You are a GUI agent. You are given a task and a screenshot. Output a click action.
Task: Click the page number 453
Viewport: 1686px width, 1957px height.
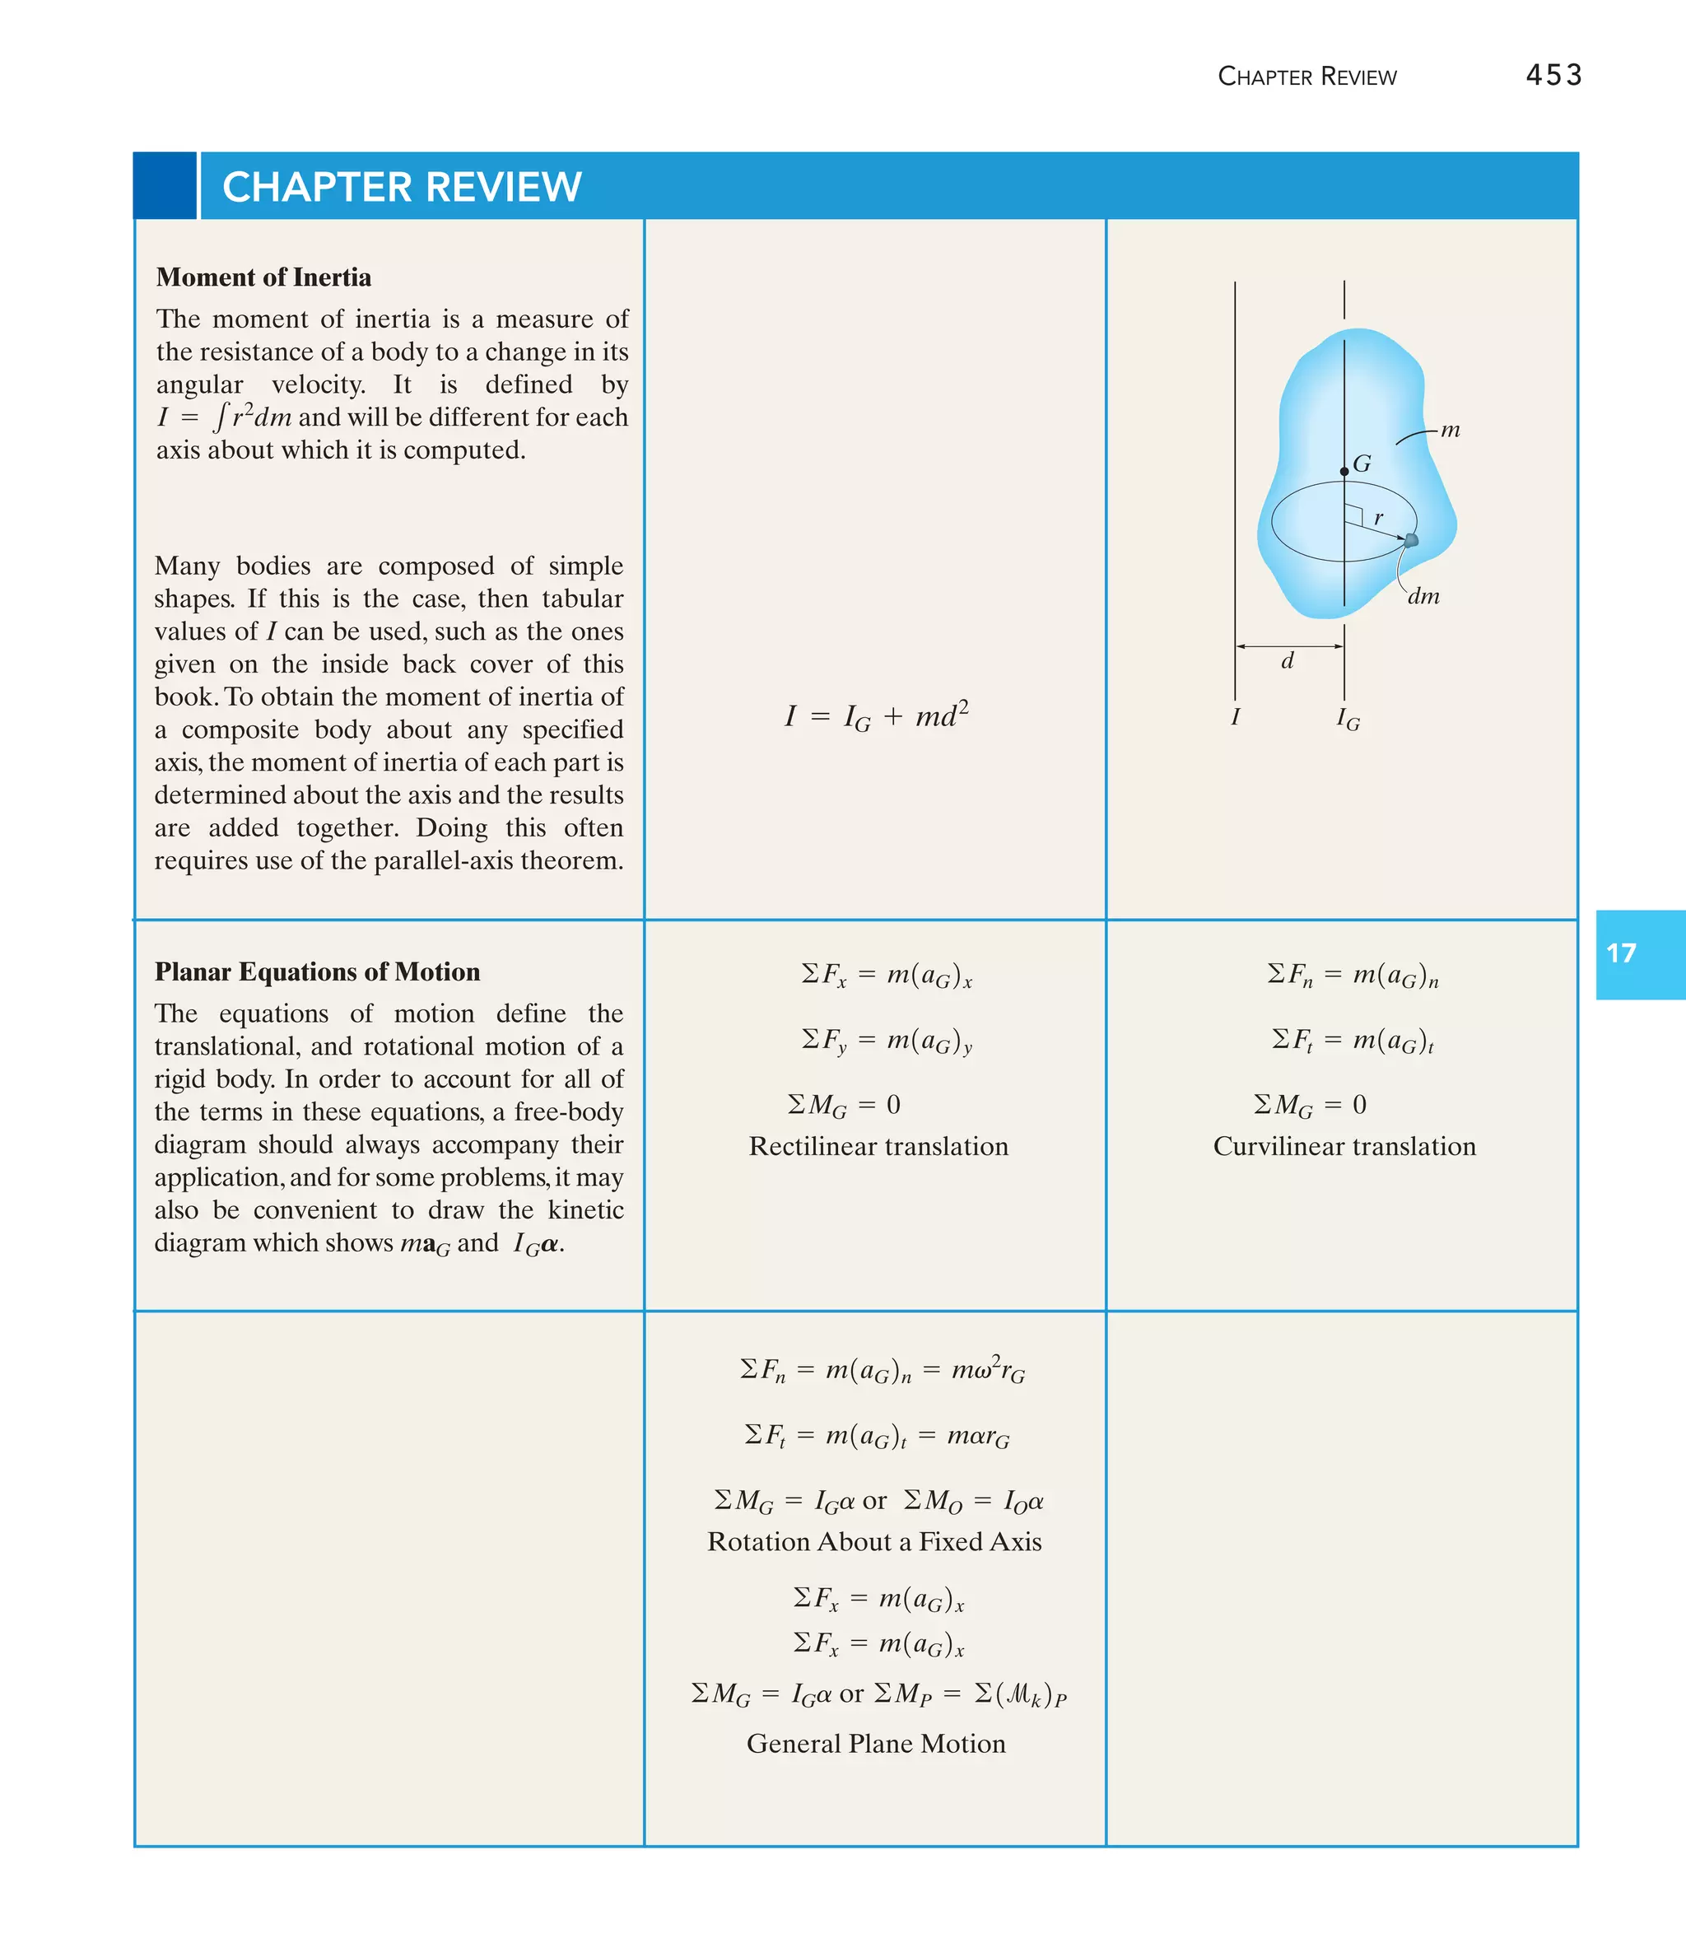coord(1553,75)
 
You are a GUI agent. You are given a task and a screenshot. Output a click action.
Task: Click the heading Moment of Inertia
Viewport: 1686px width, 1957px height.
coord(263,277)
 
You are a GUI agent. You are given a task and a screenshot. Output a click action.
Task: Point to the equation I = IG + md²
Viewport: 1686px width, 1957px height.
coord(877,716)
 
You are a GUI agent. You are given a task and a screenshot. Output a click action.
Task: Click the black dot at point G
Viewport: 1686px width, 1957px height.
coord(1344,471)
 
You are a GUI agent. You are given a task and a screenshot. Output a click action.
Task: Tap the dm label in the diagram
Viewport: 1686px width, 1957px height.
coord(1423,597)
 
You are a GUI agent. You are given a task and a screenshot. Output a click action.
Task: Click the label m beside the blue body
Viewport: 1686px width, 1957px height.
coord(1450,431)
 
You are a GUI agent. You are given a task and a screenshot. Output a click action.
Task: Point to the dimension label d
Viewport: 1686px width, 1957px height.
coord(1287,661)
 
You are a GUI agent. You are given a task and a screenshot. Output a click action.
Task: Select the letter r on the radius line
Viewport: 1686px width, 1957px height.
coord(1379,518)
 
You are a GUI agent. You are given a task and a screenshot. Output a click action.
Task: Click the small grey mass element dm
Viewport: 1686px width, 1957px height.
coord(1411,540)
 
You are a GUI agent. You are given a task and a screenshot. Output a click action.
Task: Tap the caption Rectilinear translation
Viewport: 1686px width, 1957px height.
coord(878,1146)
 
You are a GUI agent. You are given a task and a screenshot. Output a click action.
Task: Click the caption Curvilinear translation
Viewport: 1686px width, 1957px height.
coord(1344,1146)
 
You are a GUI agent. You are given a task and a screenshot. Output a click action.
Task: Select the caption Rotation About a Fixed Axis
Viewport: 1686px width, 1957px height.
coord(874,1541)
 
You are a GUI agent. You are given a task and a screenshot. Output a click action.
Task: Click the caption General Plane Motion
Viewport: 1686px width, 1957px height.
coord(876,1744)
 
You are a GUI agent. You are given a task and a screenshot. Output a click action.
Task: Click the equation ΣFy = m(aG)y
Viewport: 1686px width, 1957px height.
coord(886,1041)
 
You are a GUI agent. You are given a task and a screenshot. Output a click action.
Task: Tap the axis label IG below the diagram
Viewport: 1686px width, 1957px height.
coord(1348,720)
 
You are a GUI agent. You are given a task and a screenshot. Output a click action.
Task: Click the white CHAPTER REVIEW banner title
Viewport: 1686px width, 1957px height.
coord(402,187)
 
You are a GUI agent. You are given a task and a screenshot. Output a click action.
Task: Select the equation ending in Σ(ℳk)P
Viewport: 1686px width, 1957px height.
coord(878,1694)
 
